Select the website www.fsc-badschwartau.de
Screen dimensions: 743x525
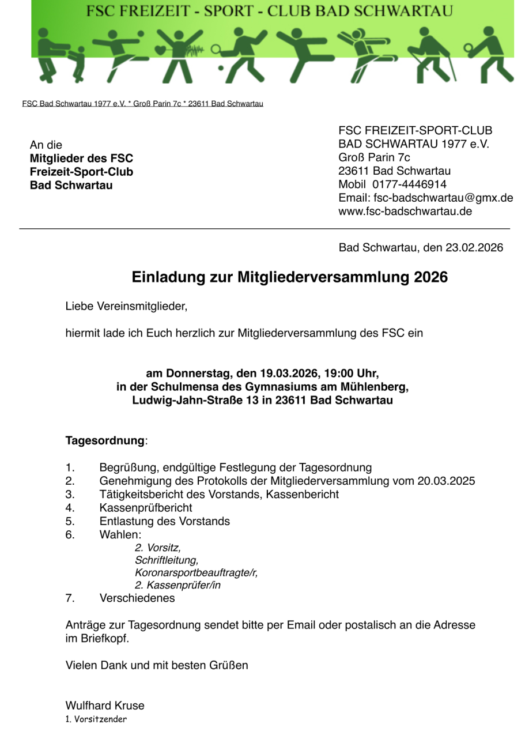coord(405,211)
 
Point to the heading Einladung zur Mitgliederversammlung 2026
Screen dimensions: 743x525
coord(290,277)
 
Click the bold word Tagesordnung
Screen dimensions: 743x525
coord(104,441)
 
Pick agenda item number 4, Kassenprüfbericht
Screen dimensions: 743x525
coord(146,508)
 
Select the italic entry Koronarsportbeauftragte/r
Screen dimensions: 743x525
coord(196,572)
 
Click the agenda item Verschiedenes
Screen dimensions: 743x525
coord(137,598)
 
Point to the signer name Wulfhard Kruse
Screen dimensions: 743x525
coord(105,706)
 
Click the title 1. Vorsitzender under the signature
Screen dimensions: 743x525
coord(96,719)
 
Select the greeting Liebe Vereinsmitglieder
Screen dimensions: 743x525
coord(127,307)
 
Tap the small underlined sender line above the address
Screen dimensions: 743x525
coord(142,104)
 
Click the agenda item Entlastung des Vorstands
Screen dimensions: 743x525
coord(164,521)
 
